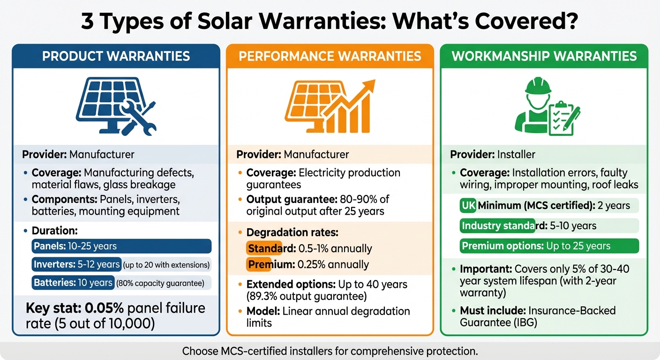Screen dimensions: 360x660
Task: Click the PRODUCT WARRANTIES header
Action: click(116, 57)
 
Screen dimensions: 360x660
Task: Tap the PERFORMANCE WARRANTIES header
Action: click(330, 57)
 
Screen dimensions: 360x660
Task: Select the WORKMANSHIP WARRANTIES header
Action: click(544, 57)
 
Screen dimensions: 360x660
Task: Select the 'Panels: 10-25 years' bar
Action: click(122, 246)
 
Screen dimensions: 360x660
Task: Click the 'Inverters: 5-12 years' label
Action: click(77, 264)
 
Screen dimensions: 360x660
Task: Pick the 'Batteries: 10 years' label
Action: click(73, 283)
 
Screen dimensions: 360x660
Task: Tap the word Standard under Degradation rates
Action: click(264, 248)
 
